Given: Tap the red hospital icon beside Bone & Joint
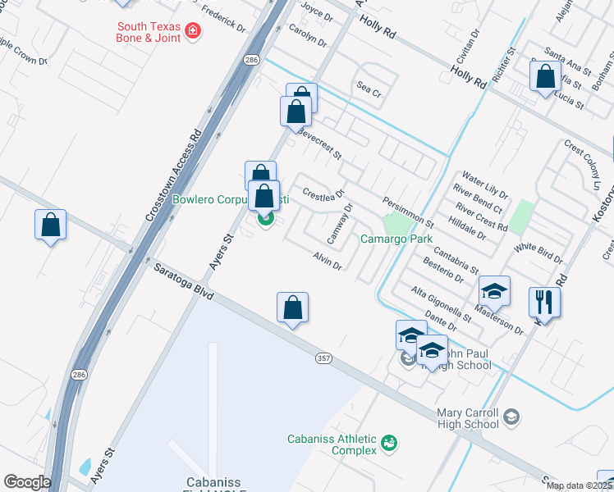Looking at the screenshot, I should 193,32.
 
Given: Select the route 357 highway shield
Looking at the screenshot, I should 323,358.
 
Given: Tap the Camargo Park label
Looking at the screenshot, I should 396,239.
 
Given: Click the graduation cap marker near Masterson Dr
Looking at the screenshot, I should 494,291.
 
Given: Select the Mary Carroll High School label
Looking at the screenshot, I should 468,418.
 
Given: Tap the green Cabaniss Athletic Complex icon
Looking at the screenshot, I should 389,444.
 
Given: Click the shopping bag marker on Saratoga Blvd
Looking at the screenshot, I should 292,308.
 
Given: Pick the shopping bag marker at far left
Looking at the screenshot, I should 50,225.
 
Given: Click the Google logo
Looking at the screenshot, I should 27,481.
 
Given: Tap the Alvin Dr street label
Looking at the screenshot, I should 327,261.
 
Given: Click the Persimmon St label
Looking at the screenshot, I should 408,212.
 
